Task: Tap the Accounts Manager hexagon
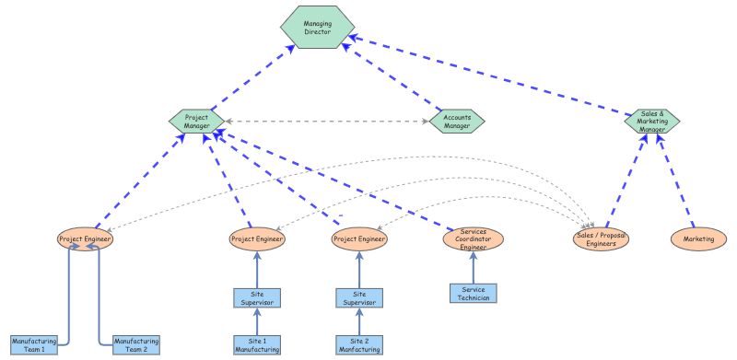[x=457, y=121]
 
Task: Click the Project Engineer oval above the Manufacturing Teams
[x=85, y=238]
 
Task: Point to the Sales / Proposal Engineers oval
[x=602, y=239]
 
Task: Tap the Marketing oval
[x=698, y=238]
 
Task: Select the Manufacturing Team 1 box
[x=34, y=344]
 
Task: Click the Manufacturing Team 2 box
[x=136, y=344]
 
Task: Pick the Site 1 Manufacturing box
[x=256, y=344]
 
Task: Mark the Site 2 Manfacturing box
[x=357, y=344]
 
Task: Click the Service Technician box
[x=473, y=294]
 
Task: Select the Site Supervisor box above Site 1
[x=256, y=297]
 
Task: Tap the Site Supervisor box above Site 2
[x=357, y=297]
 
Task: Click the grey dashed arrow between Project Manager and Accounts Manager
[x=327, y=121]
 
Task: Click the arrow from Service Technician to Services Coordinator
[x=473, y=270]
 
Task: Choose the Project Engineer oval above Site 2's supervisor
[x=357, y=238]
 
